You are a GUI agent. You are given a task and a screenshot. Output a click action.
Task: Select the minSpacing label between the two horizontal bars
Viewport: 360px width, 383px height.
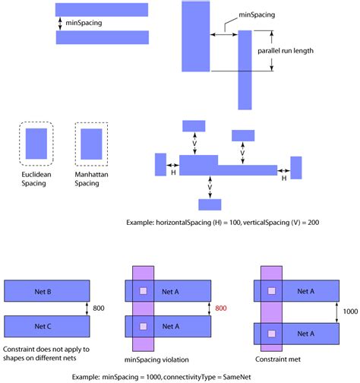(83, 24)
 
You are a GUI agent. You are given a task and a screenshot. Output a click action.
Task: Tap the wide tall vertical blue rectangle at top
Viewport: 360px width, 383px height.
(196, 36)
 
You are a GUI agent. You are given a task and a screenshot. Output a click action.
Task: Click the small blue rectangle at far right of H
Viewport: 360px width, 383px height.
(296, 165)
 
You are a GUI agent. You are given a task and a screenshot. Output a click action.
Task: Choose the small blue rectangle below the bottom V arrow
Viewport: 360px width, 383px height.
(209, 204)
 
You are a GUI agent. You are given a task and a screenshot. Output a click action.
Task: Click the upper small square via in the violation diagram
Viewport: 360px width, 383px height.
(142, 291)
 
